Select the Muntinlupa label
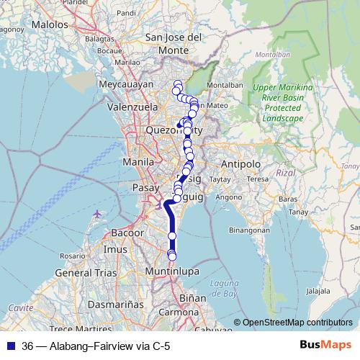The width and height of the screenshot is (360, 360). pyautogui.click(x=171, y=271)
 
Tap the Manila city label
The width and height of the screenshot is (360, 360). pyautogui.click(x=138, y=162)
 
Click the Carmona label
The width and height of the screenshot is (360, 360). pyautogui.click(x=179, y=312)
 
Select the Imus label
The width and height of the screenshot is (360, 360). pyautogui.click(x=115, y=249)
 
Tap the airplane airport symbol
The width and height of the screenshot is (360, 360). pyautogui.click(x=98, y=214)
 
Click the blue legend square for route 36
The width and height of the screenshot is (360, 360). pyautogui.click(x=10, y=345)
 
